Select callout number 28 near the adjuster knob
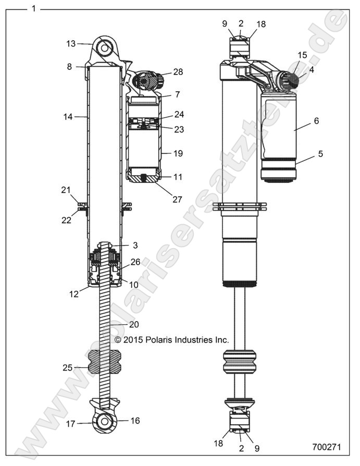[178, 71]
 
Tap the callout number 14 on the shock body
[68, 117]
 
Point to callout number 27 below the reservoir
[178, 191]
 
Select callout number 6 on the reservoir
[316, 120]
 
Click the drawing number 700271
[327, 447]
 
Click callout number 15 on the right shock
[302, 55]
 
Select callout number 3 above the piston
[134, 244]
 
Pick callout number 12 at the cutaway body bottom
[73, 294]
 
